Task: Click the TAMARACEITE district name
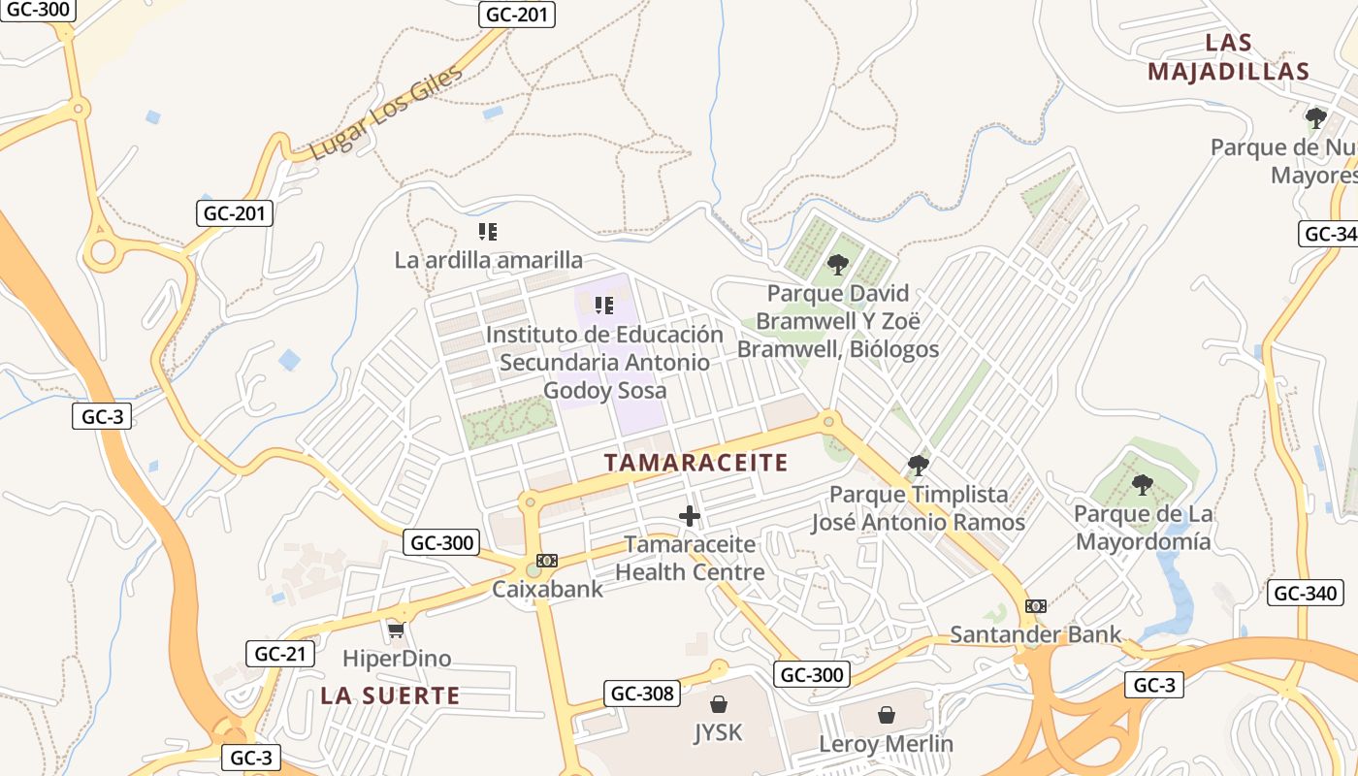point(695,463)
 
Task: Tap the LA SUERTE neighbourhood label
point(390,695)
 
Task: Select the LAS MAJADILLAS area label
point(1228,57)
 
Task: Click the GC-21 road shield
point(280,654)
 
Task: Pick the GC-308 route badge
point(642,694)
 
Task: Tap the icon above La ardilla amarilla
point(488,232)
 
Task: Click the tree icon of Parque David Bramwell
point(837,265)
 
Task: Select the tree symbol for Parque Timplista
point(918,467)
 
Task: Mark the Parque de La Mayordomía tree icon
point(1143,485)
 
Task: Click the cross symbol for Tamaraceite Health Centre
point(690,516)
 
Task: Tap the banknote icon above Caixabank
point(547,561)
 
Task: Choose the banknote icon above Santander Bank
point(1036,606)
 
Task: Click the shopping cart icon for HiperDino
point(396,631)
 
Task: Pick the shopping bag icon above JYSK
point(719,703)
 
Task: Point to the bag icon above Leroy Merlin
point(887,716)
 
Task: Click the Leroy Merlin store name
point(886,744)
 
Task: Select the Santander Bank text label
point(1035,634)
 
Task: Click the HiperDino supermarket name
point(397,659)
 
